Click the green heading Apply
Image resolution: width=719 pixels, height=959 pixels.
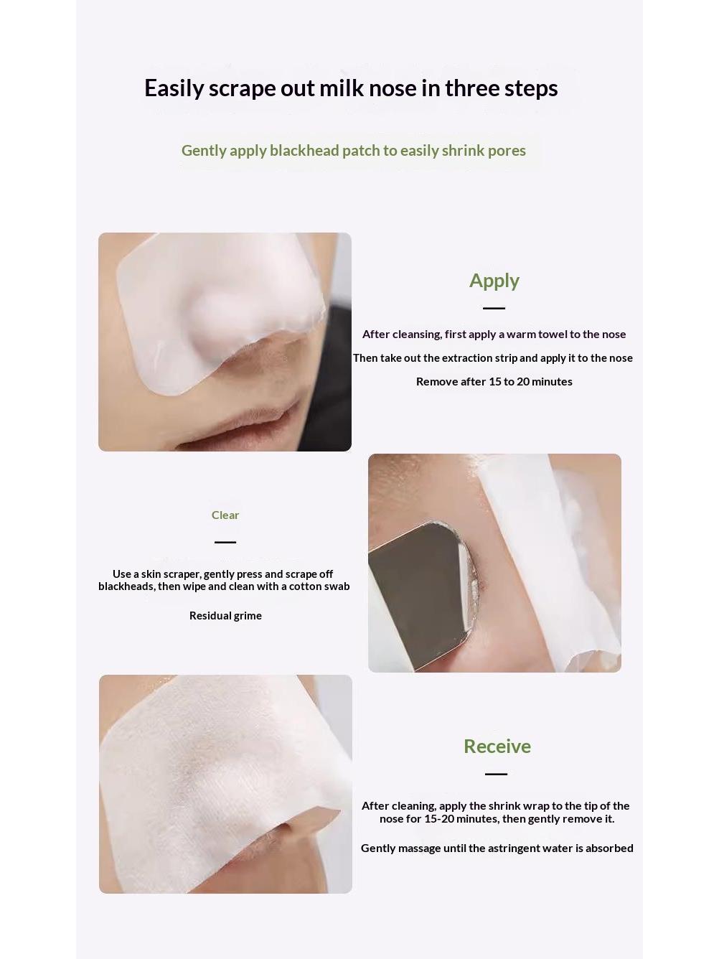[494, 281]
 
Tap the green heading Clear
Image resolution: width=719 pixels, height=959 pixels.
[225, 515]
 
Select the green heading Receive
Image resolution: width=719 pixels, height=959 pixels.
[497, 747]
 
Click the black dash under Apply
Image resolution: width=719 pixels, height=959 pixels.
[494, 308]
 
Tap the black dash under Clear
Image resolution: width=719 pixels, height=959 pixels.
[225, 542]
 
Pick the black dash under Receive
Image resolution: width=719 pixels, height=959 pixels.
[496, 774]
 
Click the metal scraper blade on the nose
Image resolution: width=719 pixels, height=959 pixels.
[419, 590]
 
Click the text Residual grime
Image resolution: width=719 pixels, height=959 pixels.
[225, 616]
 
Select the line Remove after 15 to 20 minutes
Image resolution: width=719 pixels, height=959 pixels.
[494, 381]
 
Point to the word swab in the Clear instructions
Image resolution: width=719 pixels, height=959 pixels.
[337, 586]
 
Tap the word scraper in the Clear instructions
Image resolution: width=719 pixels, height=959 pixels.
[182, 574]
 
